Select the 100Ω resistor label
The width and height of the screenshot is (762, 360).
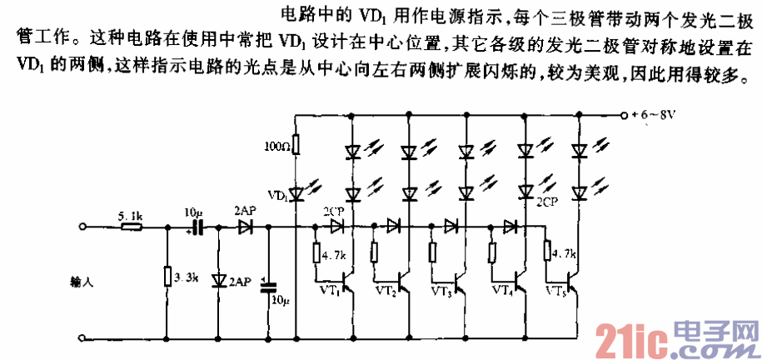276,147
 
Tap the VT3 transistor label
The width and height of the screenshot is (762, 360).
443,292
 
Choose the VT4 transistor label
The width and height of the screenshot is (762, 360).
501,292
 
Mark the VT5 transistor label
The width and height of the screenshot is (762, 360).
557,292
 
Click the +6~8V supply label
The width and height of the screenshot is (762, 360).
653,115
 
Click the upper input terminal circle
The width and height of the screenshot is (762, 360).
82,226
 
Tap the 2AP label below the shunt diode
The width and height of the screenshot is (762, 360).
240,282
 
